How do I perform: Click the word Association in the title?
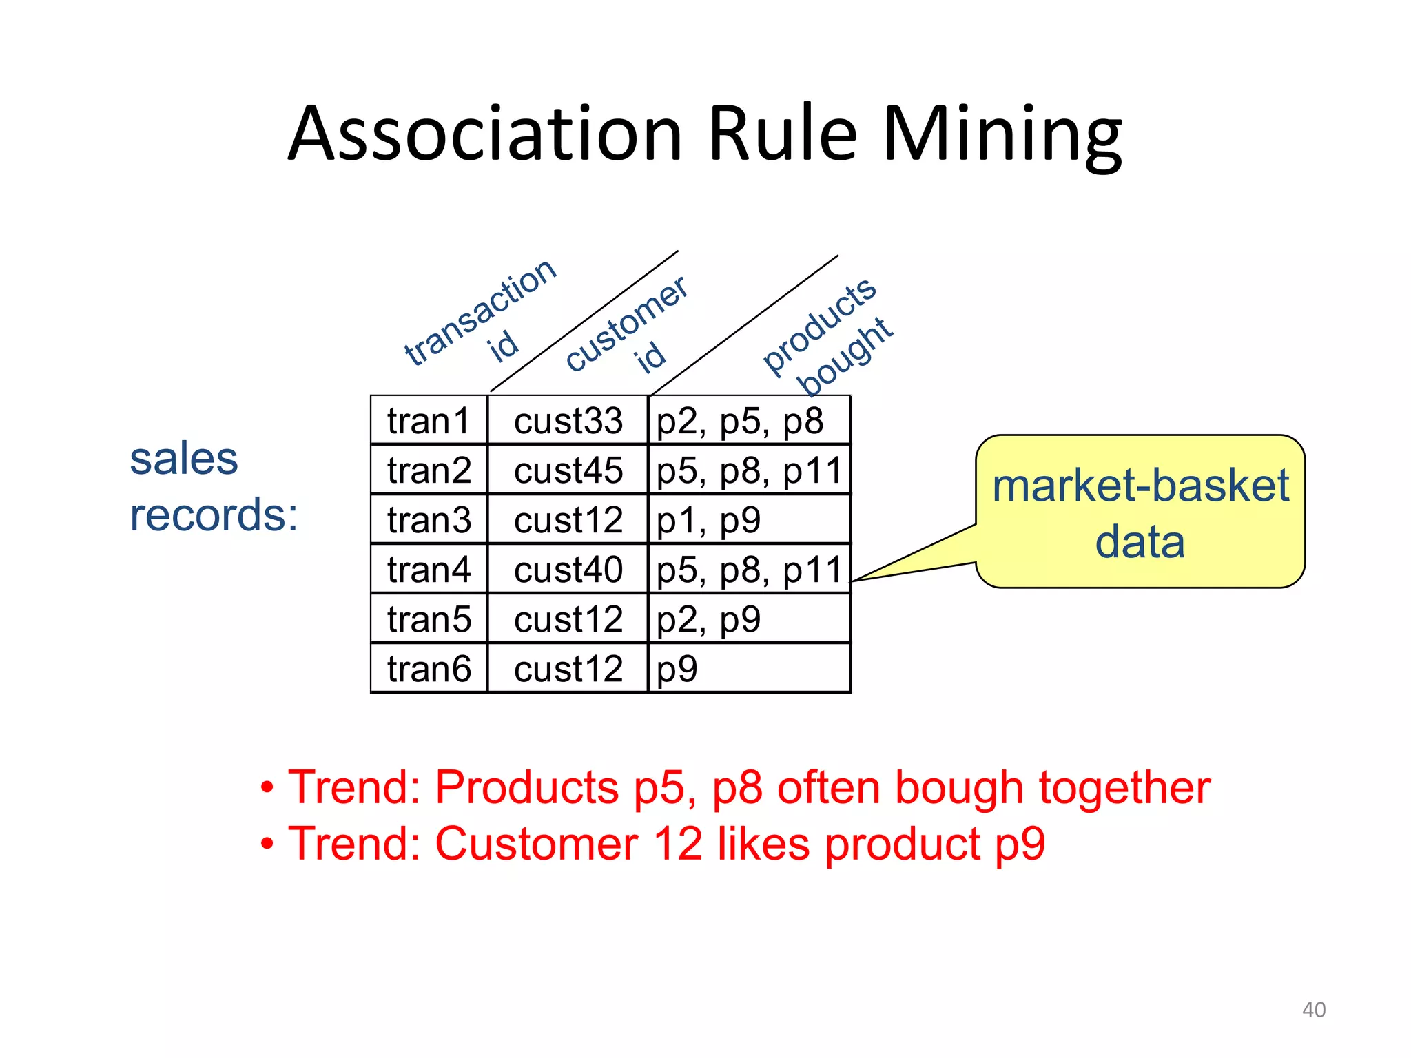tap(485, 134)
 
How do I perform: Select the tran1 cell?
tap(429, 421)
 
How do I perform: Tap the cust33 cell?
tap(568, 421)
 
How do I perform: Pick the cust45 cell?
tap(568, 470)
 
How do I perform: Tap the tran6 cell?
tap(429, 669)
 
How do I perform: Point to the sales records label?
tap(214, 486)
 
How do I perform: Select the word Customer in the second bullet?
tap(536, 844)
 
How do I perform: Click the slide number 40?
tap(1314, 1010)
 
